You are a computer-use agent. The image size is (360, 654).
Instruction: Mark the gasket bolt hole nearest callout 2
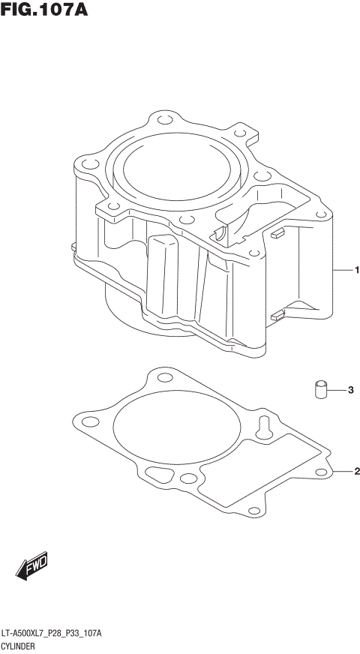tap(321, 472)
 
